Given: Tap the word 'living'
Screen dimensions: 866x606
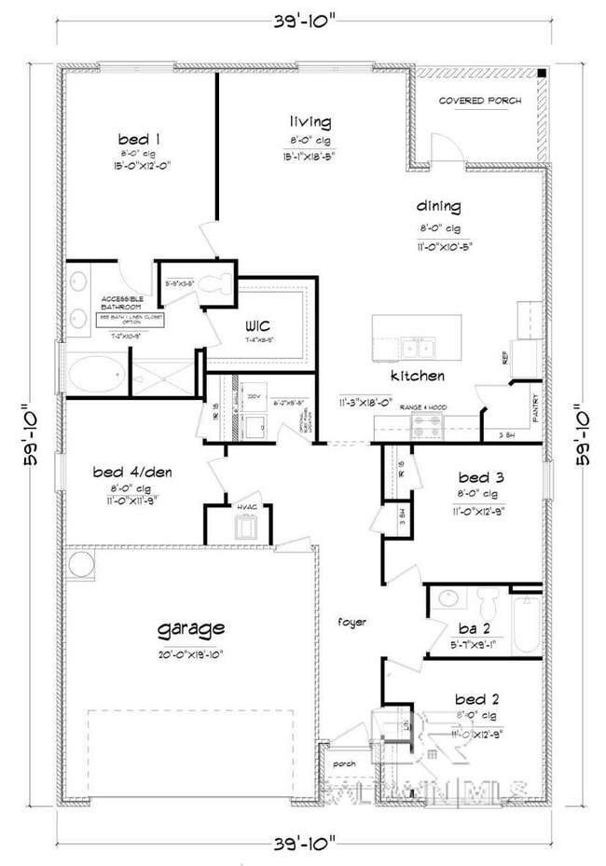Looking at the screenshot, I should pyautogui.click(x=310, y=122).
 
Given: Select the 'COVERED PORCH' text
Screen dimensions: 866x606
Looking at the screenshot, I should pyautogui.click(x=480, y=101).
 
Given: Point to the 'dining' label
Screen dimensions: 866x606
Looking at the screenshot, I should pyautogui.click(x=439, y=207).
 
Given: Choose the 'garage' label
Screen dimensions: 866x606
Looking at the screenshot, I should pyautogui.click(x=191, y=627).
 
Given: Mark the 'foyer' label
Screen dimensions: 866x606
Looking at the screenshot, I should pyautogui.click(x=352, y=621).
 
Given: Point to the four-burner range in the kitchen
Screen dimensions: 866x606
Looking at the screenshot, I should pyautogui.click(x=429, y=427).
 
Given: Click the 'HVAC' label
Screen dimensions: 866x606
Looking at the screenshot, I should pyautogui.click(x=246, y=506).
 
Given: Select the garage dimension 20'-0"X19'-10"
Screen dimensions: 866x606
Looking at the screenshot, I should pyautogui.click(x=191, y=653).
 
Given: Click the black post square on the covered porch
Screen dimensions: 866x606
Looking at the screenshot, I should pyautogui.click(x=542, y=74).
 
